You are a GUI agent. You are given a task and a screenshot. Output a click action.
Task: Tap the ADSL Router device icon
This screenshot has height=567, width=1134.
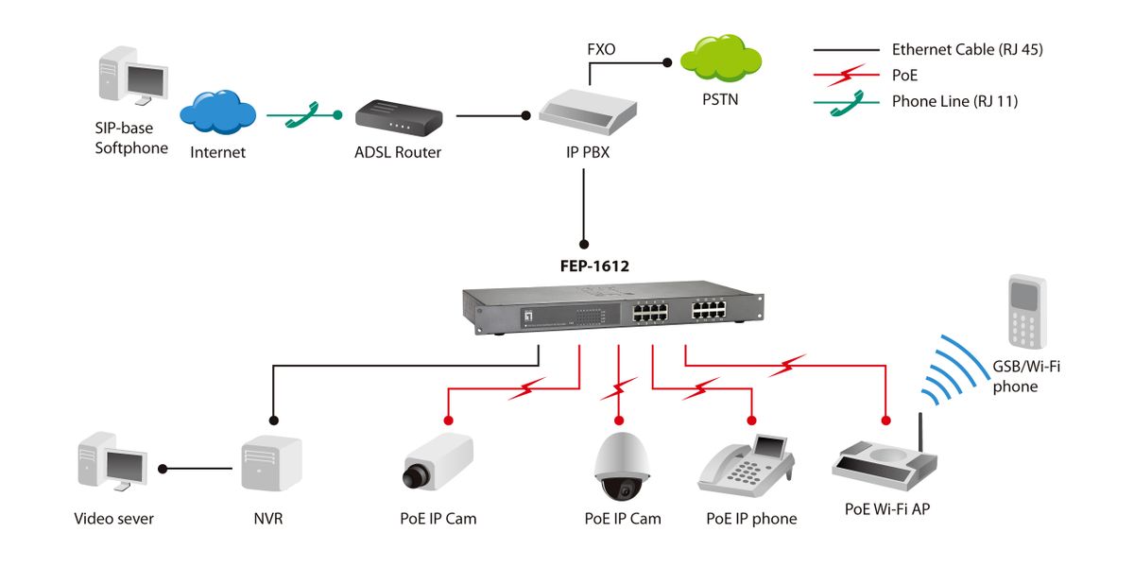(398, 118)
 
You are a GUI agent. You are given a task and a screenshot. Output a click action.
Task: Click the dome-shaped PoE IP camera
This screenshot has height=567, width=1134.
(622, 467)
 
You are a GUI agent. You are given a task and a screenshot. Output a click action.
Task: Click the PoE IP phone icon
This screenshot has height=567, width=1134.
(747, 465)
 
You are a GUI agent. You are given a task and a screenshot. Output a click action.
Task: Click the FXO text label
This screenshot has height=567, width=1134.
(601, 48)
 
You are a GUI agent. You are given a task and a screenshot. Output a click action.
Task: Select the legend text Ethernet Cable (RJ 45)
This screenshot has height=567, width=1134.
(967, 50)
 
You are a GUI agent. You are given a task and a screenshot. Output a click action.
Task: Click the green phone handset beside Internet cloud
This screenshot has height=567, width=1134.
(303, 114)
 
